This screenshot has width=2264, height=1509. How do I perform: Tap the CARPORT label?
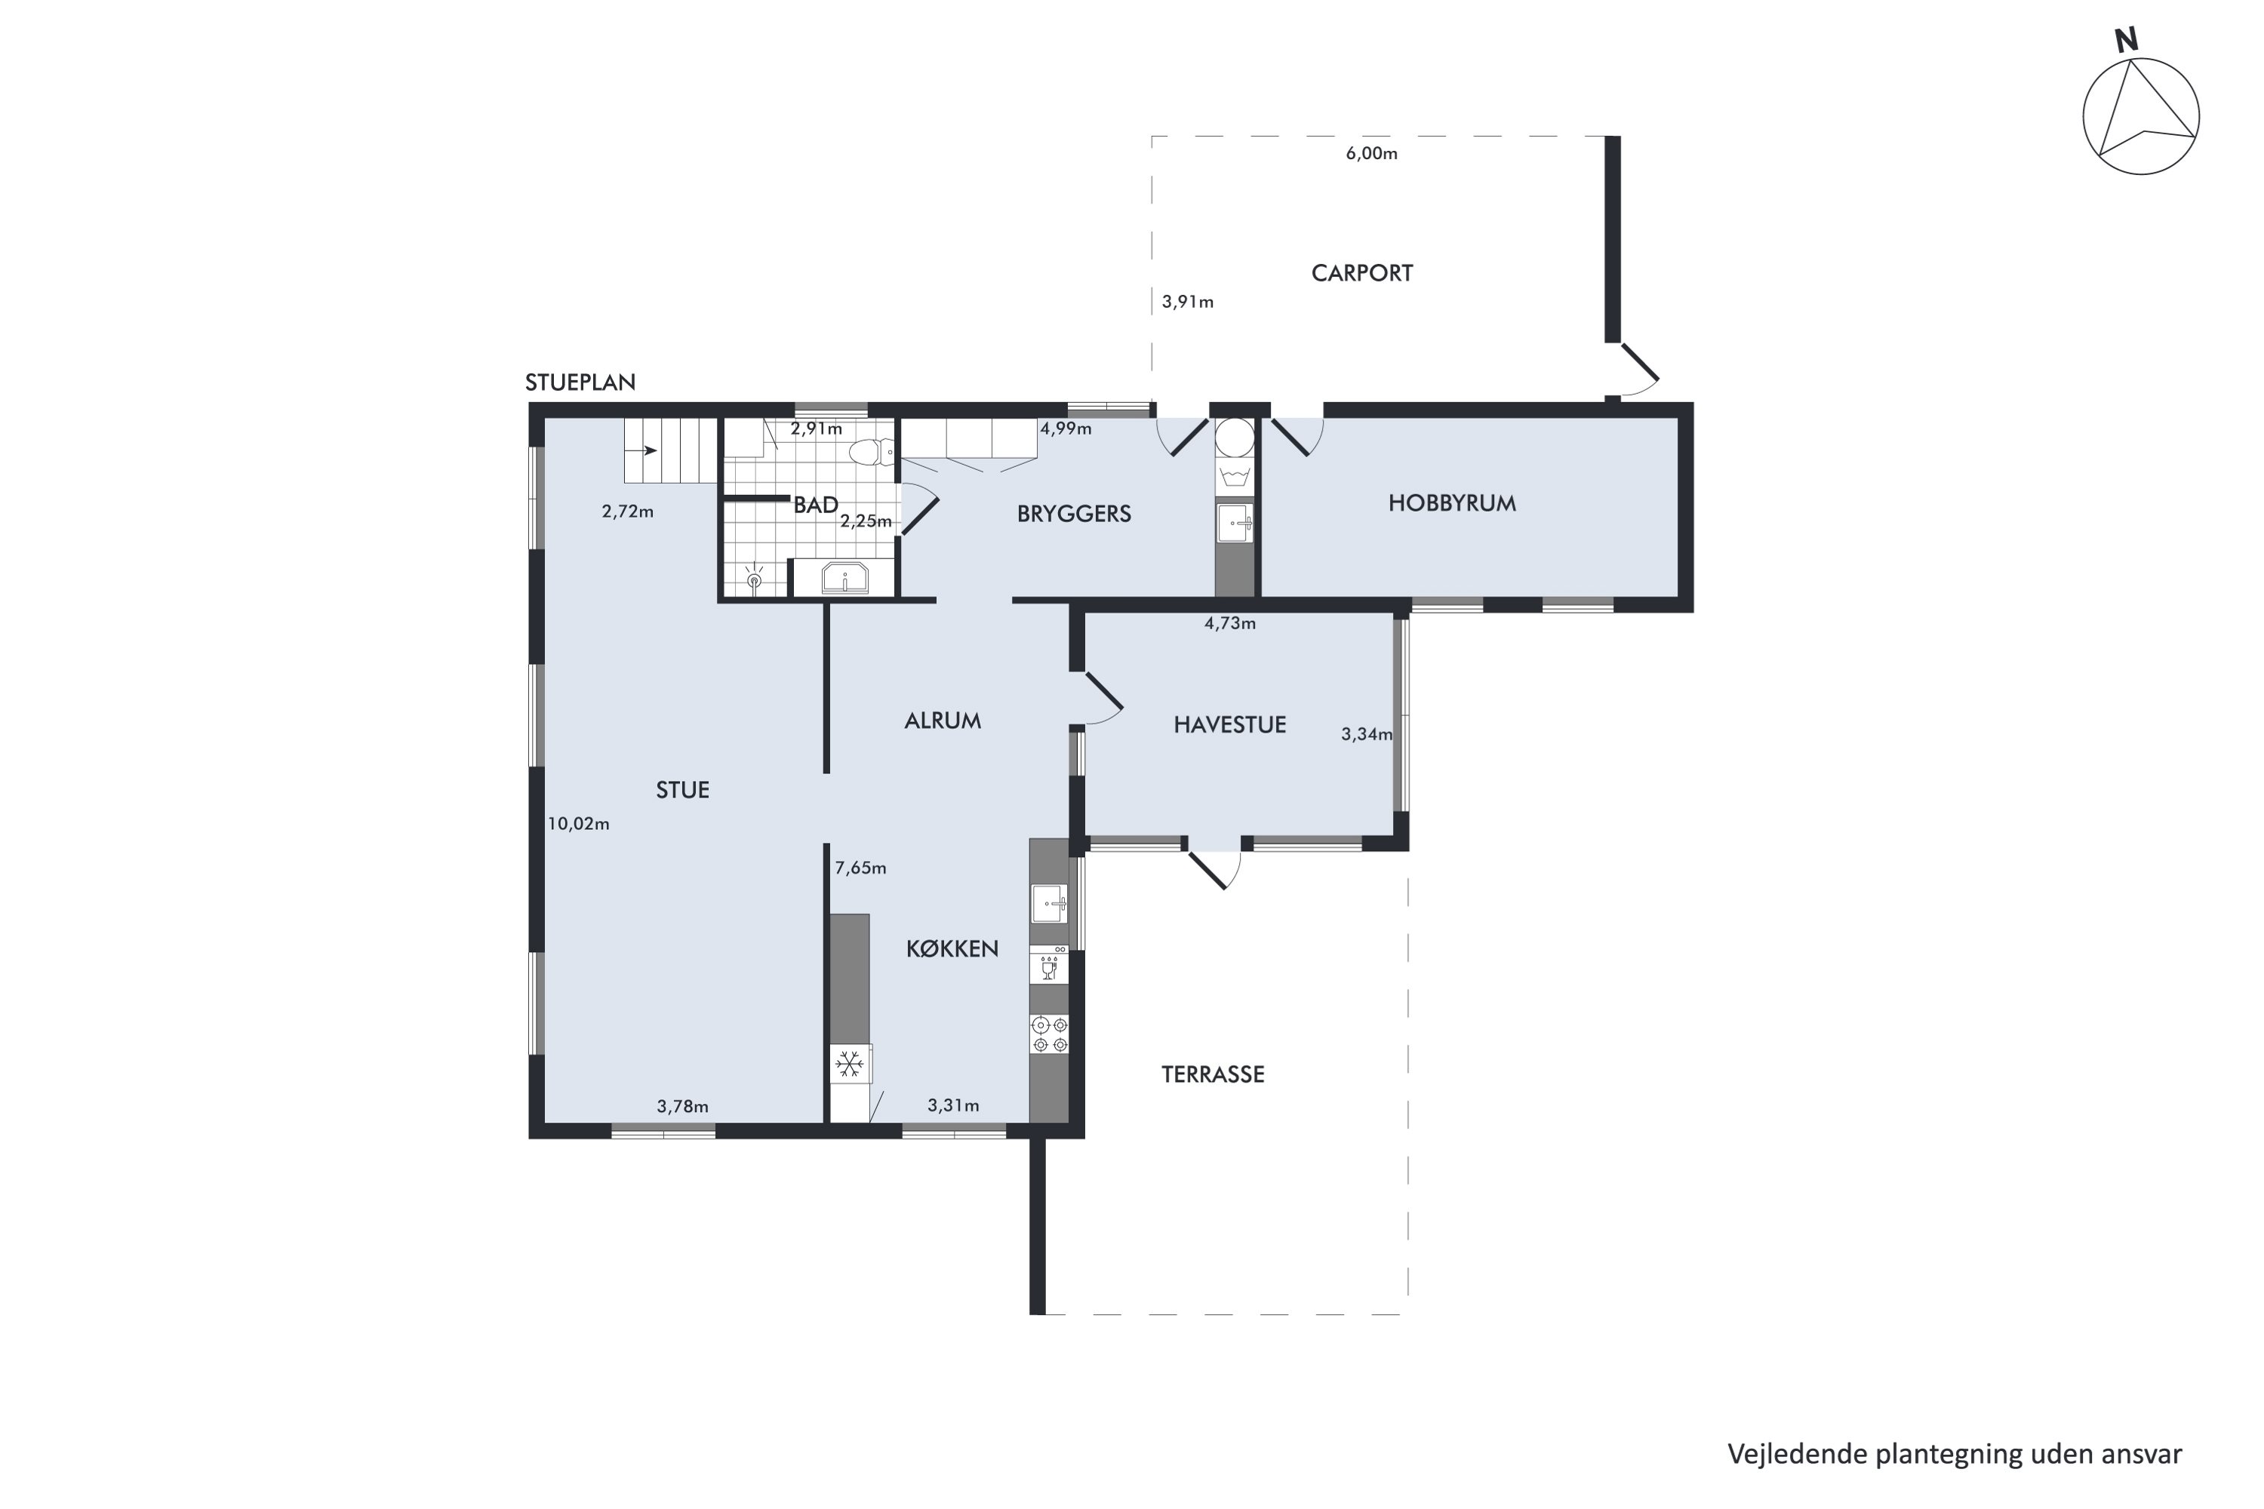coord(1361,273)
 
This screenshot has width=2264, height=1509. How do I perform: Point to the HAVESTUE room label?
coord(1229,724)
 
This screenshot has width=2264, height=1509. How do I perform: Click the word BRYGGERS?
coord(1073,514)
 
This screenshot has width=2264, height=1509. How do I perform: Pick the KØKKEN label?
coord(952,949)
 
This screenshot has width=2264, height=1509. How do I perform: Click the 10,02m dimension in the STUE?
coord(579,824)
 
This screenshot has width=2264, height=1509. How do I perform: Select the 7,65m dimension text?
coord(860,868)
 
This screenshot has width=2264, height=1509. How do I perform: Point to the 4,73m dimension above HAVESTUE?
coord(1229,624)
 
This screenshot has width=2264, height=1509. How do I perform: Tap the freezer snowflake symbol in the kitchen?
coord(849,1065)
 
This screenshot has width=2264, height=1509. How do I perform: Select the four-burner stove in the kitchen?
coord(1049,1034)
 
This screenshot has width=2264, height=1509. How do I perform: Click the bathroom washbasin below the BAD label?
coord(844,579)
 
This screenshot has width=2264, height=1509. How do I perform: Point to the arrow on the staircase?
coord(643,450)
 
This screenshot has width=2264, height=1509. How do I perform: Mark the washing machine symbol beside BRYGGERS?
coord(1234,476)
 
